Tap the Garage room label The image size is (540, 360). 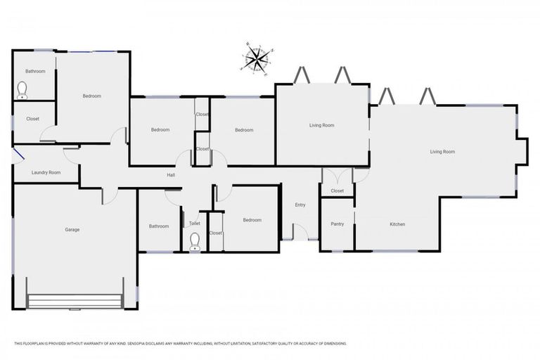72,230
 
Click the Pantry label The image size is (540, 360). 337,224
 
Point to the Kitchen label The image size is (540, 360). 397,224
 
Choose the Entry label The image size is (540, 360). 300,205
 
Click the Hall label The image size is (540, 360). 171,175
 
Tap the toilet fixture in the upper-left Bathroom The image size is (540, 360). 22,90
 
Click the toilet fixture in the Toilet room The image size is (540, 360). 195,243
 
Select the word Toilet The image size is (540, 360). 195,224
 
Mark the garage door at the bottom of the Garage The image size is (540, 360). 75,302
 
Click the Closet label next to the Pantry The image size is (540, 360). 337,191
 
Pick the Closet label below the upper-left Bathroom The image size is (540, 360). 33,119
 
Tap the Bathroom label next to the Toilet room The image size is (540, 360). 159,226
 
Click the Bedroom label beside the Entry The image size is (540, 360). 252,220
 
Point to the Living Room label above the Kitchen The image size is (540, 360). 443,152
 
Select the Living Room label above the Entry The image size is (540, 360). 322,125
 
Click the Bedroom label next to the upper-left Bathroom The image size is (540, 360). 92,96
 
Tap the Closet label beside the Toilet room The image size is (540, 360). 216,233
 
